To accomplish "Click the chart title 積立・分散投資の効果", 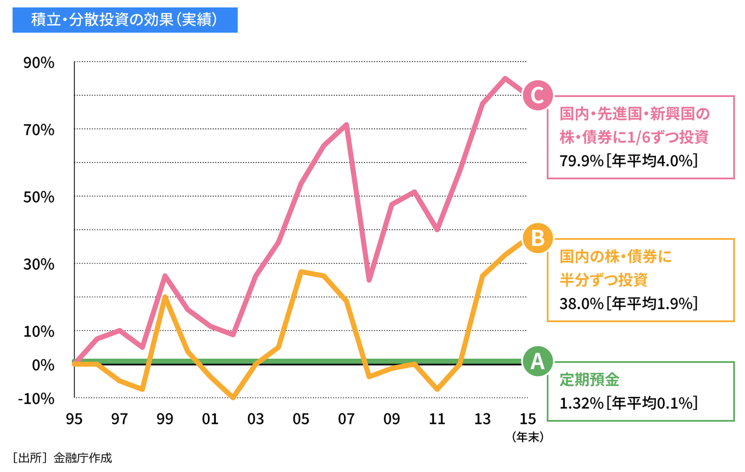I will [125, 20].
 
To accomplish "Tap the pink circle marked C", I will [538, 95].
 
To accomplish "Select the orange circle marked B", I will [538, 239].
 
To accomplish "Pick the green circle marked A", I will [538, 361].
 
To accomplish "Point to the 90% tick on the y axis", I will [39, 63].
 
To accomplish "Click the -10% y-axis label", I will [36, 399].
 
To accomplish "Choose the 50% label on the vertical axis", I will [39, 197].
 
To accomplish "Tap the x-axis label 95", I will [74, 419].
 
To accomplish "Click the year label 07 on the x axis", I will [346, 419].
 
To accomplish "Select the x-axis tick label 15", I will [528, 419].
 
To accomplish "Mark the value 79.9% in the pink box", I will [582, 161].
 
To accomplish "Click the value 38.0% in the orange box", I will [582, 303].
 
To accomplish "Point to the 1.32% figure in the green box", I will [582, 403].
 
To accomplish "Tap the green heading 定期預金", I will [589, 380].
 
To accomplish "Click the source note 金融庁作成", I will [82, 458].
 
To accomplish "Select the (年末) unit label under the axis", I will [528, 437].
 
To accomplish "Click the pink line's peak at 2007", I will [346, 125].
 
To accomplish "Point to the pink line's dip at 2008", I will [369, 280].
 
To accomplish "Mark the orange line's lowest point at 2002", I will [233, 397].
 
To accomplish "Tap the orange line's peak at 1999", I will [165, 298].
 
